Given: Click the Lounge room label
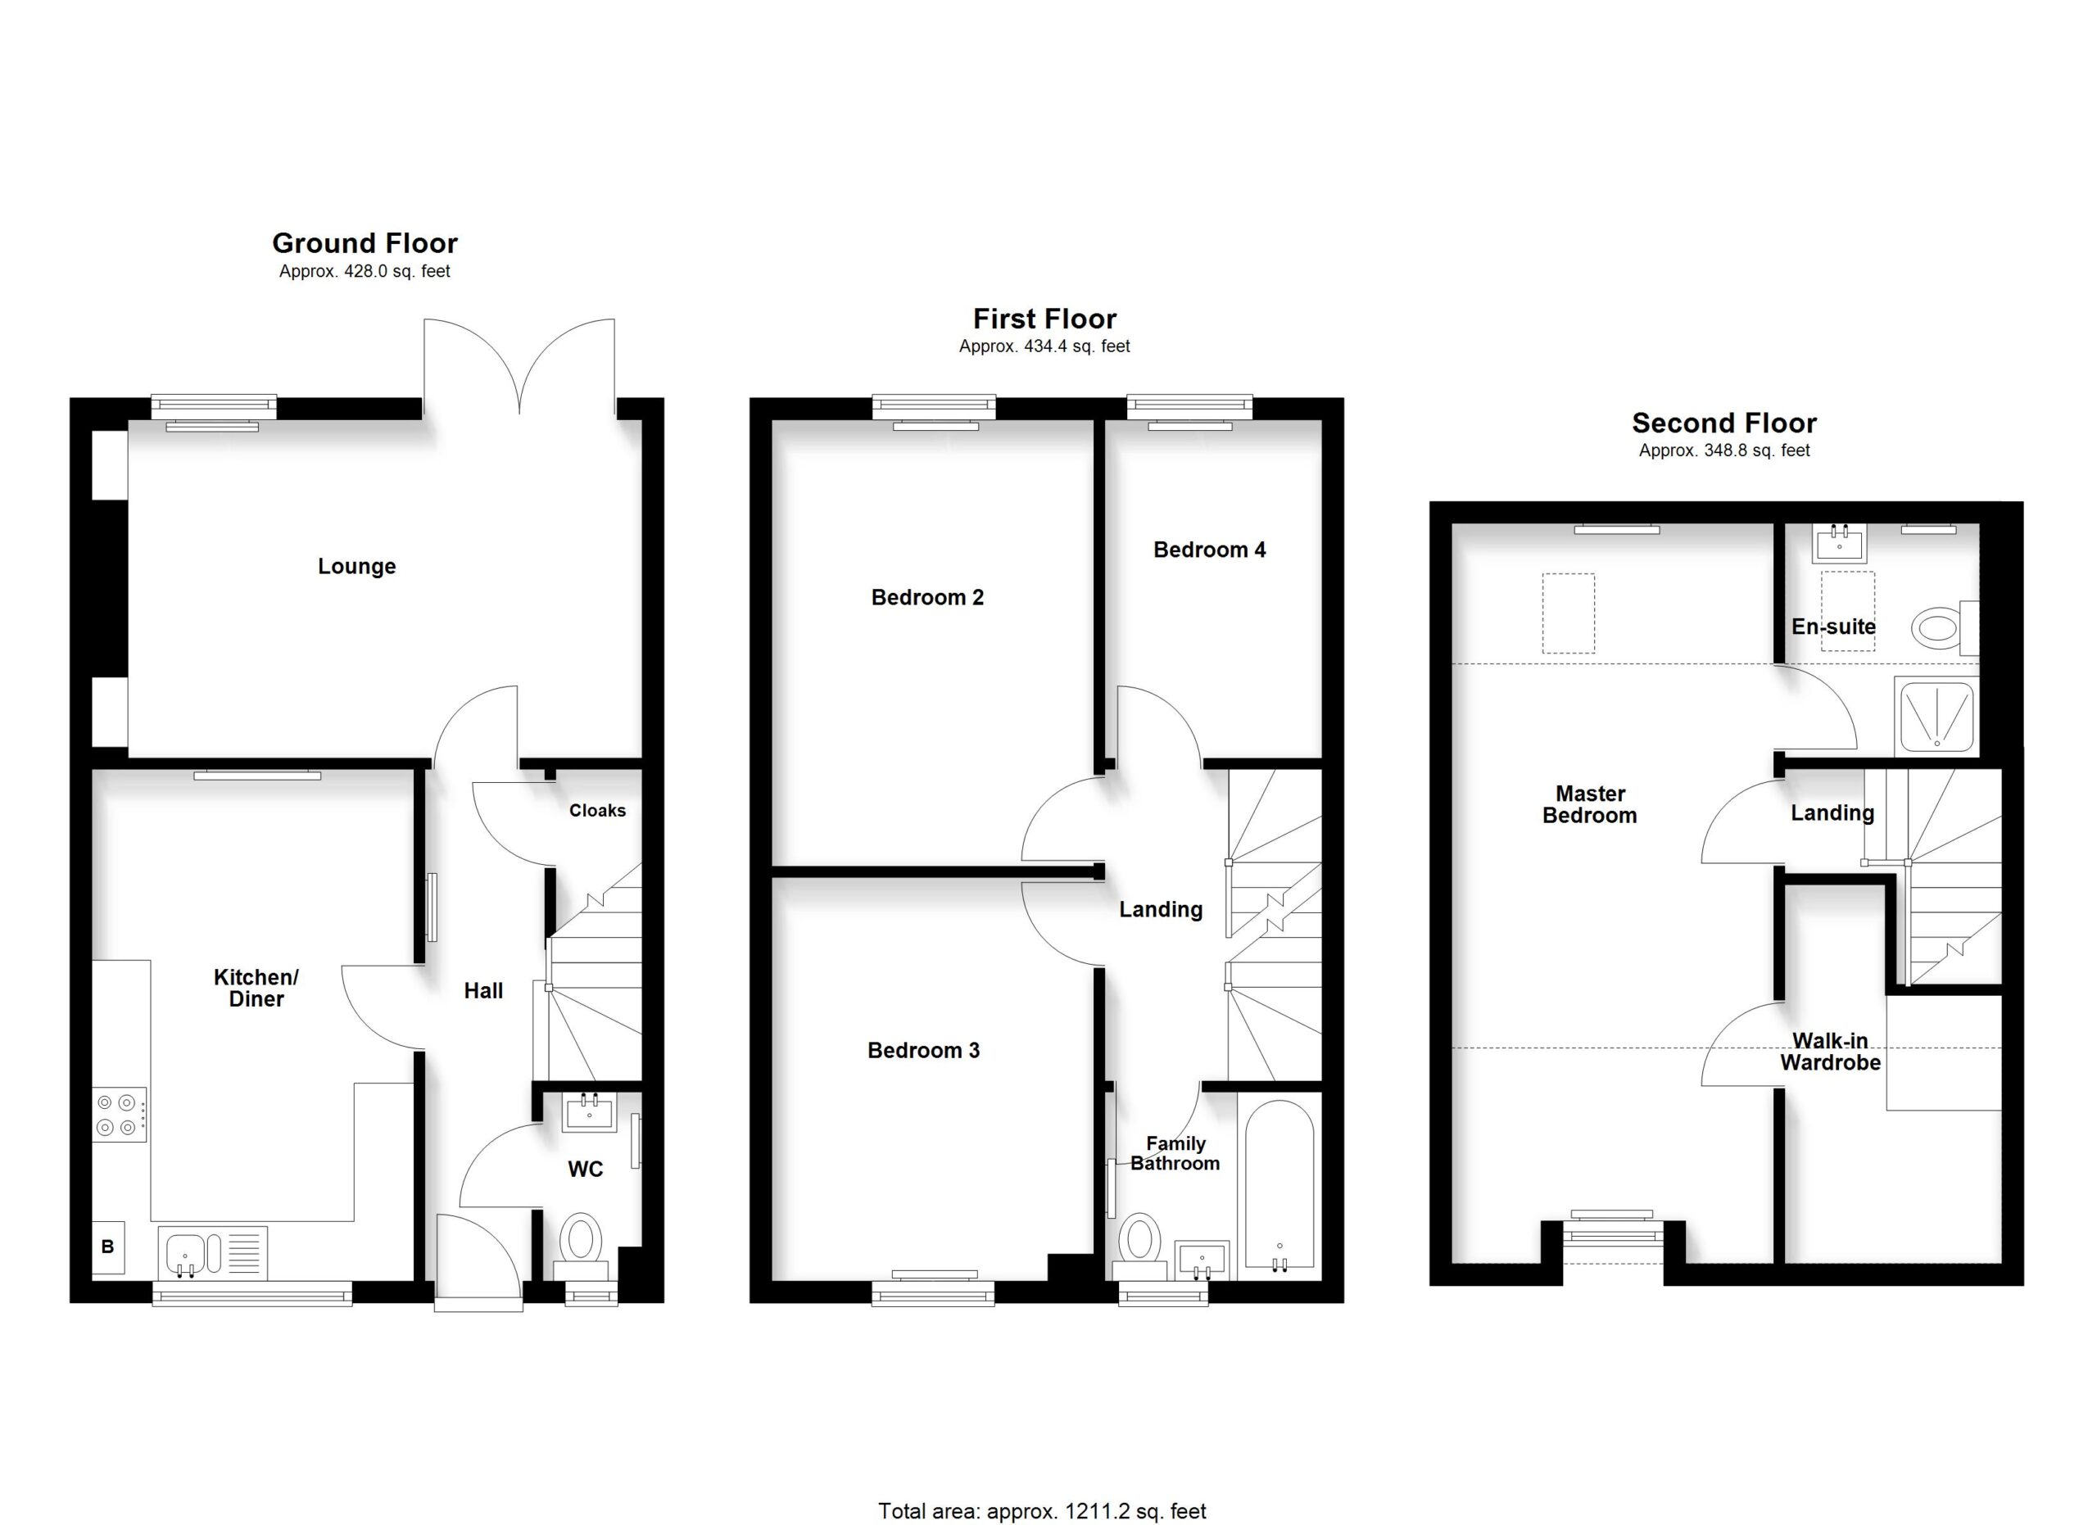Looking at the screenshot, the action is pos(357,567).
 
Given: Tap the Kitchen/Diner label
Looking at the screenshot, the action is pos(256,988).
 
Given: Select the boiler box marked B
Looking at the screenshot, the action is pos(108,1247).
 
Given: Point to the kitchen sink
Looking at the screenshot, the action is pos(213,1252).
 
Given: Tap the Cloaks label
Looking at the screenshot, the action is pos(597,811).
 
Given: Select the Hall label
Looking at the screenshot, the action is pos(483,991).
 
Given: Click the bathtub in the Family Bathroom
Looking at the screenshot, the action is pos(1279,1185).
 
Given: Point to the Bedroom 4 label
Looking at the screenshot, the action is pos(1209,550).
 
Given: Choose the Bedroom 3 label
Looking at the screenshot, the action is pos(924,1050).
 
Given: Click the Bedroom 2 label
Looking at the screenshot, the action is pos(927,597).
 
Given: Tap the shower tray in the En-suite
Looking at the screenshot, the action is pos(1936,715).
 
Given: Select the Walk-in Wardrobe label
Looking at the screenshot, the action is pos(1831,1052).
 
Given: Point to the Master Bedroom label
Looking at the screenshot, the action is pos(1589,804).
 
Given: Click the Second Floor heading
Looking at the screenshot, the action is pos(1724,423).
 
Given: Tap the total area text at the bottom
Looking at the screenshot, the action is pos(1042,1511).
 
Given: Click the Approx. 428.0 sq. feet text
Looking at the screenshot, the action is pos(365,271).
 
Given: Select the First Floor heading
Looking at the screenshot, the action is pos(1044,319).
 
